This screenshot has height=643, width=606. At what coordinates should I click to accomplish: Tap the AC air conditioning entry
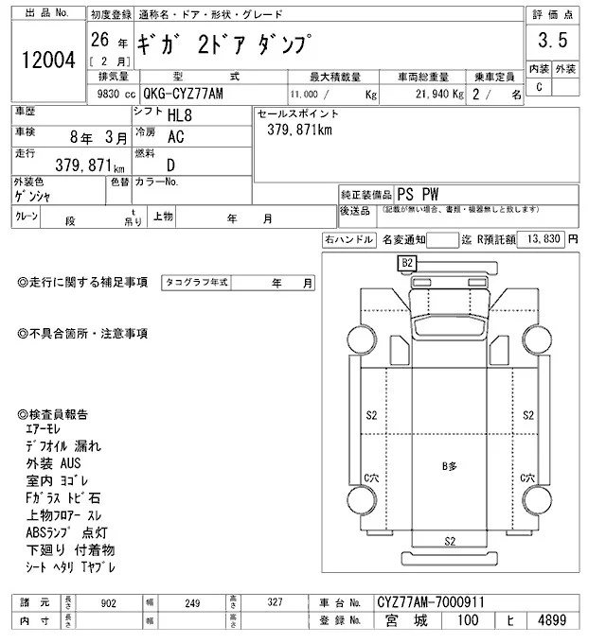coord(176,136)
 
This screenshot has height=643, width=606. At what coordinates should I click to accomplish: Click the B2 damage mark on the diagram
coord(408,262)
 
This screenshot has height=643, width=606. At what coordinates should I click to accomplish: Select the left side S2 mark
coord(371,416)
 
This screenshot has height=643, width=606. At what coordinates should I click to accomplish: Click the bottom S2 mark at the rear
coord(450,541)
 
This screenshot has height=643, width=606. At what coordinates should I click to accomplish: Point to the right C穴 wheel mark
coord(528,480)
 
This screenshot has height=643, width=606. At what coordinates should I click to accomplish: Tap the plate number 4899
coord(551,622)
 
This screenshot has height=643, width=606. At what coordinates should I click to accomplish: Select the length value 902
coord(110,601)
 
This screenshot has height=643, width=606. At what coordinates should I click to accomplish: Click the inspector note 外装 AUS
coord(55,464)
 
